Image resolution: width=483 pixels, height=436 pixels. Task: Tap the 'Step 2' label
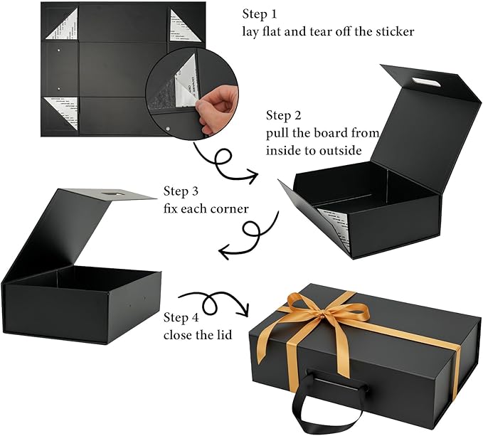(x=287, y=115)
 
